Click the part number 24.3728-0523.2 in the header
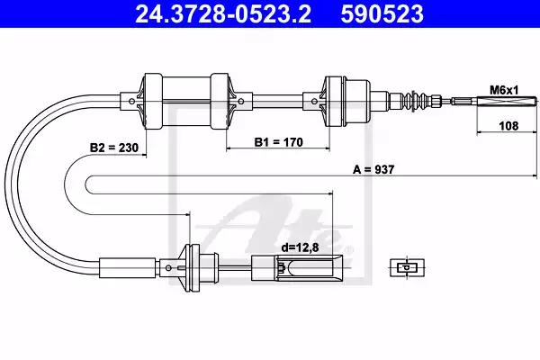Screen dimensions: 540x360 pyautogui.click(x=223, y=13)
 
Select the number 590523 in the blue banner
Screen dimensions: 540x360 pyautogui.click(x=382, y=13)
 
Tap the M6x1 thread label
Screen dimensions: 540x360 pyautogui.click(x=504, y=90)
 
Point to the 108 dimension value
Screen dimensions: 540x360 pyautogui.click(x=508, y=126)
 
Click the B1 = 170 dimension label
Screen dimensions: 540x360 pyautogui.click(x=279, y=142)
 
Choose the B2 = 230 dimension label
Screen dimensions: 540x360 pyautogui.click(x=114, y=148)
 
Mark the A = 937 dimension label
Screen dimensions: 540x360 pyautogui.click(x=373, y=169)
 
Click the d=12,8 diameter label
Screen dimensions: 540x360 pyautogui.click(x=300, y=247)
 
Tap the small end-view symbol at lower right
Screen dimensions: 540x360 pyautogui.click(x=407, y=267)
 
